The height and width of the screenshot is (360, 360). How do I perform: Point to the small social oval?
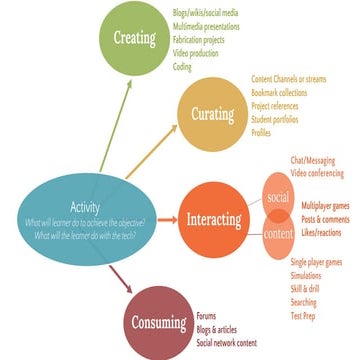click(x=279, y=198)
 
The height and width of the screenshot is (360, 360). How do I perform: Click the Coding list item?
click(x=182, y=67)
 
